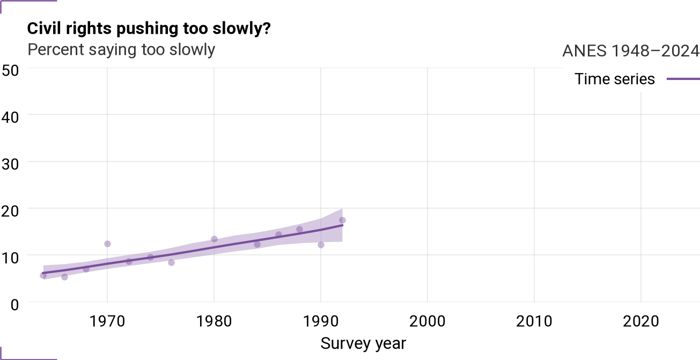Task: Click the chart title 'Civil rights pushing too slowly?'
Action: [149, 29]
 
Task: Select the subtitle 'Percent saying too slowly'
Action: [121, 50]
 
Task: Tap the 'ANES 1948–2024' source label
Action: [631, 50]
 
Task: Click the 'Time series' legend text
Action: [614, 79]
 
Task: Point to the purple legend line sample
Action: [683, 79]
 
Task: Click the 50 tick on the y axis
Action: [10, 70]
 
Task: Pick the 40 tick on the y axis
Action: [10, 117]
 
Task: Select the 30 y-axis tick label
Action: [10, 164]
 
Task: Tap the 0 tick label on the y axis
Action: [14, 305]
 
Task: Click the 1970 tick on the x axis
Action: [107, 321]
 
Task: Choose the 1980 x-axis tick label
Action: [214, 321]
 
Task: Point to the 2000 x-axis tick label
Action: [427, 321]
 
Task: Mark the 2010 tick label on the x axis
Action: [534, 321]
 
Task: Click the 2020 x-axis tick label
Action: [641, 321]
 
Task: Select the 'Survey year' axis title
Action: [363, 343]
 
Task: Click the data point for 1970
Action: [107, 244]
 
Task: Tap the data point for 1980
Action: [214, 239]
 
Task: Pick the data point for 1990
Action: [321, 245]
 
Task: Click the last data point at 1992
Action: [342, 221]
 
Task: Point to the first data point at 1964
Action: [43, 276]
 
